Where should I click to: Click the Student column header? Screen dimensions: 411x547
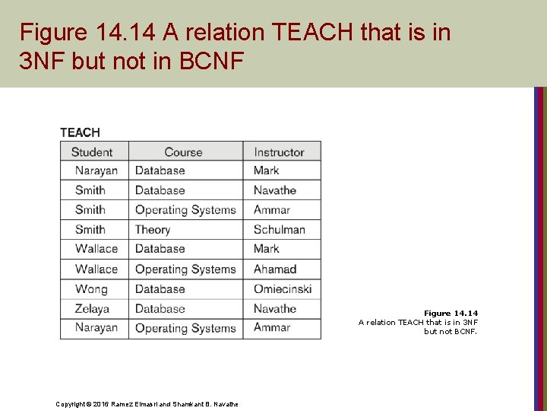coord(92,151)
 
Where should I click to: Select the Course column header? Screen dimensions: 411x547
coord(183,151)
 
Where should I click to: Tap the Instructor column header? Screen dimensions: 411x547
coord(279,151)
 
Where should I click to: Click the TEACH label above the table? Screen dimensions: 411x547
coord(80,132)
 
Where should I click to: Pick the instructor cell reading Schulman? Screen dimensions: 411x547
coord(280,230)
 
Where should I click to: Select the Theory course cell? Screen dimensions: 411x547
coord(153,230)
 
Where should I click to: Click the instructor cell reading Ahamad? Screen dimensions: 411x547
coord(275,269)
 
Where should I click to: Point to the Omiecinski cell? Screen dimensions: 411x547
coord(283,288)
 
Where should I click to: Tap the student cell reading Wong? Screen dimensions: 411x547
coord(91,288)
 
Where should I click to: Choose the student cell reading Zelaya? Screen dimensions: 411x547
coord(93,308)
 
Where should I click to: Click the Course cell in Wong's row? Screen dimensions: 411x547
coord(160,288)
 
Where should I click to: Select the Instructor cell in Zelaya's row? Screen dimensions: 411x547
coord(275,308)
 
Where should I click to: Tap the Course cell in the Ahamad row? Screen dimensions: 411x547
coord(185,269)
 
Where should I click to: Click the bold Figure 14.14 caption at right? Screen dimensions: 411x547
coord(451,313)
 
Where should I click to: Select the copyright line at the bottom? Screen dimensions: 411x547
coord(147,403)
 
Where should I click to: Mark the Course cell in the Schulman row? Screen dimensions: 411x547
coord(153,230)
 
